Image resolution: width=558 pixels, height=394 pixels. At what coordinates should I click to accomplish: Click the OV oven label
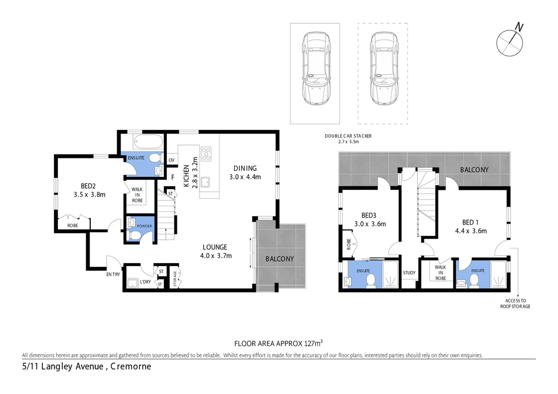coord(171,160)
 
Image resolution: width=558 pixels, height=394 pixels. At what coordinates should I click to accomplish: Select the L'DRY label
coord(145,282)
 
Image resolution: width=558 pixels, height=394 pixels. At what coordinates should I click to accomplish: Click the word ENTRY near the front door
coord(113,274)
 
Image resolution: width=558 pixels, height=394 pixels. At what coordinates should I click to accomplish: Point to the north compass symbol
coord(510,42)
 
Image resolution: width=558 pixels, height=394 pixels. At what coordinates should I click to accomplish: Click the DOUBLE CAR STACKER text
coord(348,136)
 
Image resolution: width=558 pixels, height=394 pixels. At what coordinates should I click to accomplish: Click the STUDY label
coord(409,272)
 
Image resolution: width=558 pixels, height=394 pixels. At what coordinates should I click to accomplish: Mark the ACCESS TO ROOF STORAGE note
coord(516,303)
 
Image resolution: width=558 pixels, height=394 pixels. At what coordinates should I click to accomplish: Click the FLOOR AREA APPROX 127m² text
coord(279,343)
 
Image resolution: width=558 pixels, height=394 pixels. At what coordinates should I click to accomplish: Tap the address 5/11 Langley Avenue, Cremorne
coord(87,367)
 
